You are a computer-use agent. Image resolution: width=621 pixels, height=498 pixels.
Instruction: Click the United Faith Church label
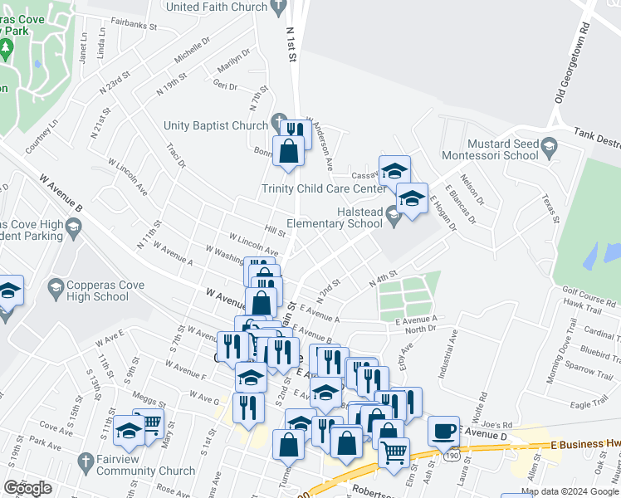pyautogui.click(x=218, y=7)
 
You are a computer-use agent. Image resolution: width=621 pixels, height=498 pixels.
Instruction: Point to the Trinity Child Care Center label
pyautogui.click(x=323, y=188)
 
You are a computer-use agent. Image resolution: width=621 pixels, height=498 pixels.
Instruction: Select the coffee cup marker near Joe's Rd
pyautogui.click(x=444, y=430)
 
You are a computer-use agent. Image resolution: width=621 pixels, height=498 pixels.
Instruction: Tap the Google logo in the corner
pyautogui.click(x=27, y=488)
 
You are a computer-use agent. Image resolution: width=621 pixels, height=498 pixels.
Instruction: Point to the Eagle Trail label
pyautogui.click(x=589, y=403)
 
